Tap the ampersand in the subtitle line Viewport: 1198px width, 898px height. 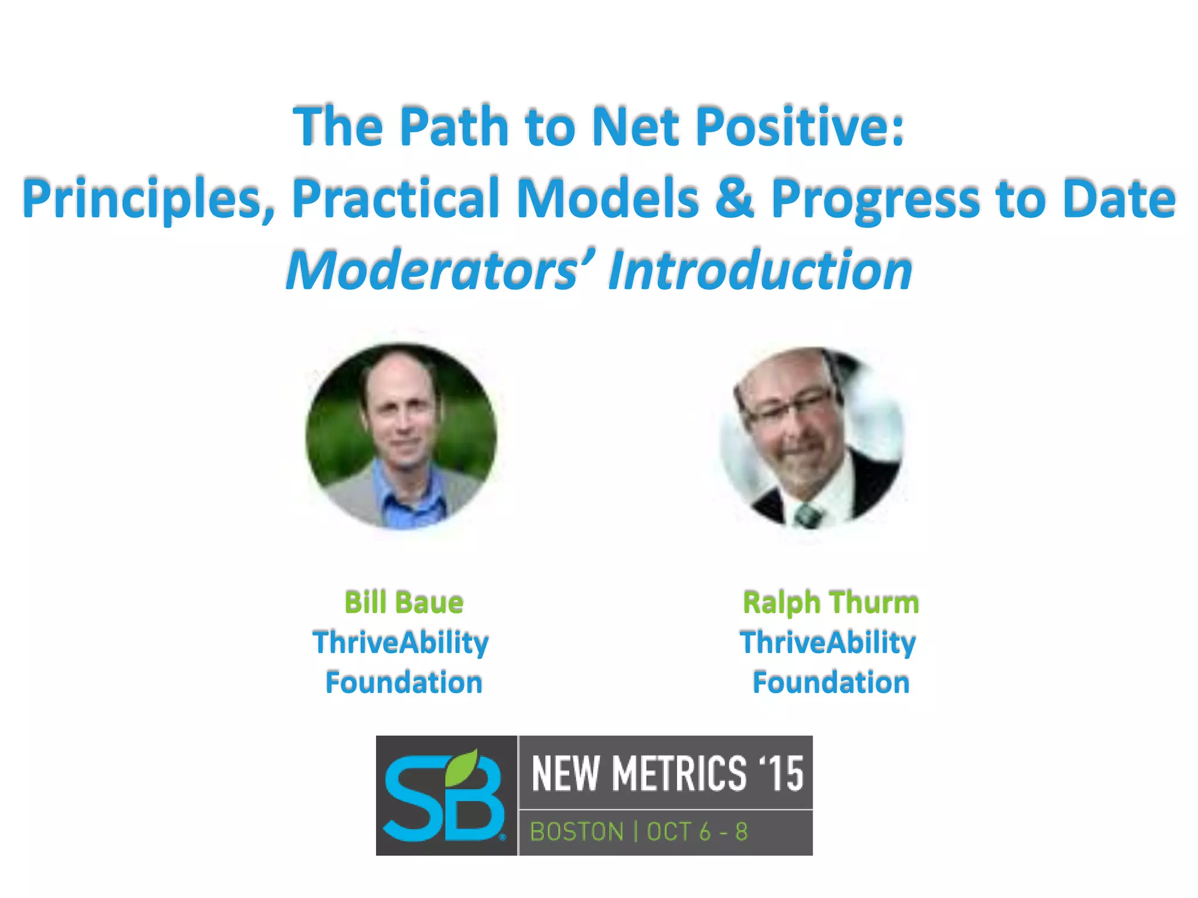pyautogui.click(x=734, y=198)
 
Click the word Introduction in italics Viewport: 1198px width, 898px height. pyautogui.click(x=760, y=270)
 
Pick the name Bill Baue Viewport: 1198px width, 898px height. pyautogui.click(x=404, y=602)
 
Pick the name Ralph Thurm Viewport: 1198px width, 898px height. pyautogui.click(x=831, y=602)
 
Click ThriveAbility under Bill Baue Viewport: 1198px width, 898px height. pyautogui.click(x=401, y=643)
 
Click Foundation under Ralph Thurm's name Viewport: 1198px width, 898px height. pyautogui.click(x=831, y=682)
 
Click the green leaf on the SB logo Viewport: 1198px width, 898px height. pyautogui.click(x=462, y=767)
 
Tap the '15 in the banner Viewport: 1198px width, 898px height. pyautogui.click(x=781, y=773)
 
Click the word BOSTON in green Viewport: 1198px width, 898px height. pyautogui.click(x=576, y=832)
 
